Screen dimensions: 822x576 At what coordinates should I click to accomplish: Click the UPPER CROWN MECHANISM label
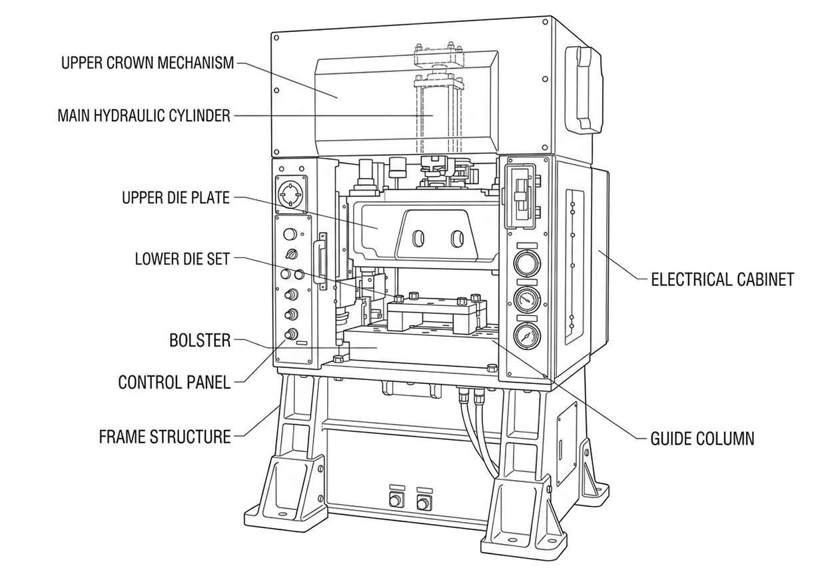147,63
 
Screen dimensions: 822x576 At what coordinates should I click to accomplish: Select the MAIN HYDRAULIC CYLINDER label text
145,116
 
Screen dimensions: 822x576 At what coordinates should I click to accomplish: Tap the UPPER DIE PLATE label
176,197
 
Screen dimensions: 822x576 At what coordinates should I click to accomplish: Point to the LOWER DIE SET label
183,259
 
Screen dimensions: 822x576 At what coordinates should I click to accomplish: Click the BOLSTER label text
200,341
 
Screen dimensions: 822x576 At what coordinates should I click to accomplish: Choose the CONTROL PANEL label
175,383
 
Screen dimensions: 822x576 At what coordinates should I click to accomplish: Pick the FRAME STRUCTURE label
165,437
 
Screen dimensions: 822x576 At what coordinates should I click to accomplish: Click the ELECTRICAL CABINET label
723,279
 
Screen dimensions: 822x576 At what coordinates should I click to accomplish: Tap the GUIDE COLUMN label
702,439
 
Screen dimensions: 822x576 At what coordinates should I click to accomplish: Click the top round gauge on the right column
527,264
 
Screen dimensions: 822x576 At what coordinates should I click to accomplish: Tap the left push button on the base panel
396,501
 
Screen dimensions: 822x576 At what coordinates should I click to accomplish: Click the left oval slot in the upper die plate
419,239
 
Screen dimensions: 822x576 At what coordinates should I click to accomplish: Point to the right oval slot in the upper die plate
457,239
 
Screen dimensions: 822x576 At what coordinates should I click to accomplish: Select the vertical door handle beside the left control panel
319,261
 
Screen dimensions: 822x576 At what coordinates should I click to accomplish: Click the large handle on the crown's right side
585,89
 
